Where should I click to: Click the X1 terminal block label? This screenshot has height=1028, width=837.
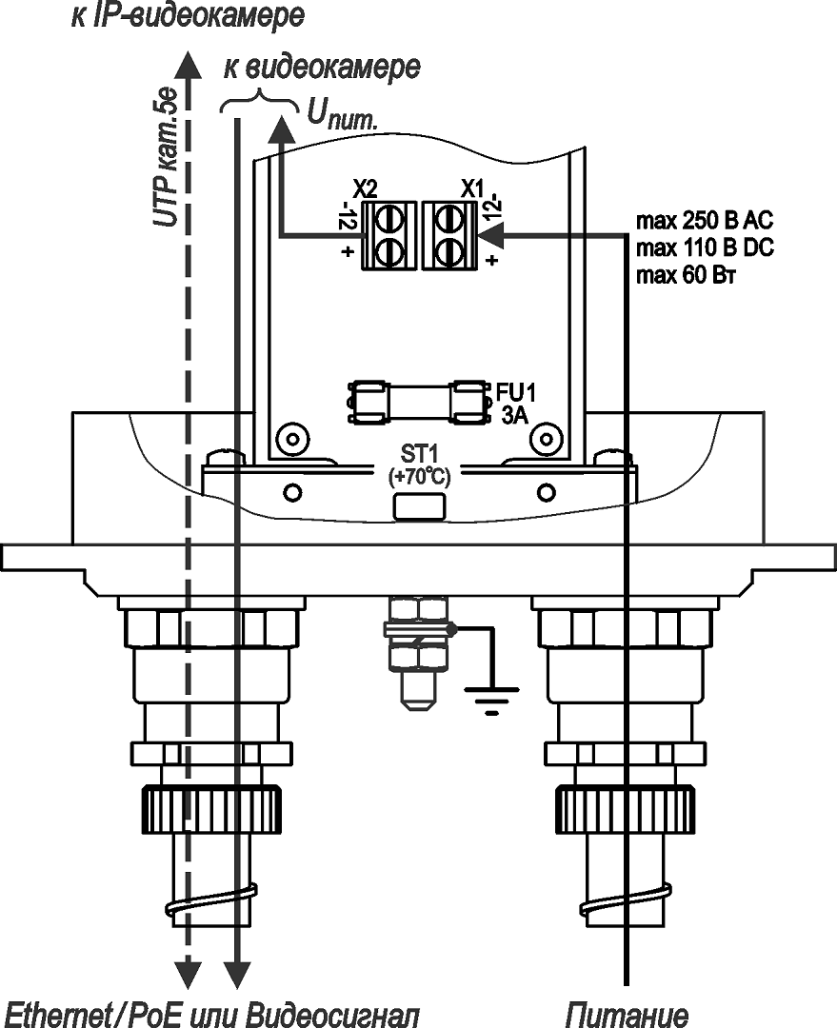point(472,186)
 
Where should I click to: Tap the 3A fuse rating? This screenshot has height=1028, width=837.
point(515,414)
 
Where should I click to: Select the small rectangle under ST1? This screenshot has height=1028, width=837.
point(418,505)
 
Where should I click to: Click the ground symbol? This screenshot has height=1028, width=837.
point(491,701)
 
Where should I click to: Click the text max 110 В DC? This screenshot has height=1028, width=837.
point(703,248)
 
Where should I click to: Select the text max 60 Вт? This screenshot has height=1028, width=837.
point(689,276)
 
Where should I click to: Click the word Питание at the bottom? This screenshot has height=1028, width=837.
point(627,1013)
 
